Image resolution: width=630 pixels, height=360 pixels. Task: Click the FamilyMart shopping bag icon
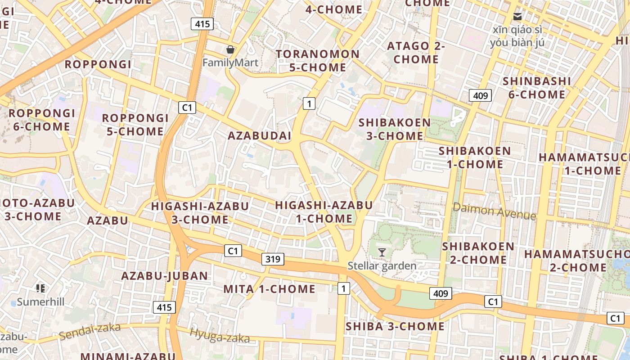click(x=230, y=49)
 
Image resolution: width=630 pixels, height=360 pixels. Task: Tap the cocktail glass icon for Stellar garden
click(x=382, y=252)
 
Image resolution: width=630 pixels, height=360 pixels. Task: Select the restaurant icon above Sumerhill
click(x=40, y=288)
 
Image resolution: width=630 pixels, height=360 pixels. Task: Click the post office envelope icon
click(x=517, y=17)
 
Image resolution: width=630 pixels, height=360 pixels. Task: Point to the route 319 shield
click(x=273, y=259)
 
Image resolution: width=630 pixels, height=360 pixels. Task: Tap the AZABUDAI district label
click(x=259, y=135)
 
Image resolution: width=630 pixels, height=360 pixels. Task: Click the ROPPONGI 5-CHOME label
click(x=135, y=125)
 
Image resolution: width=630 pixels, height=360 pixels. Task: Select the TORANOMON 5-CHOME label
click(x=318, y=61)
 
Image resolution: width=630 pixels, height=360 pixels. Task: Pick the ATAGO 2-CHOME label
click(x=416, y=52)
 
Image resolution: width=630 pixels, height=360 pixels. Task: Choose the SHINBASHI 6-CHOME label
click(x=536, y=88)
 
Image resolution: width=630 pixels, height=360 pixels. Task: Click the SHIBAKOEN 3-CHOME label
click(x=395, y=129)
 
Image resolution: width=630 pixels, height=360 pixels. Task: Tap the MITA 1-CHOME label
click(x=270, y=289)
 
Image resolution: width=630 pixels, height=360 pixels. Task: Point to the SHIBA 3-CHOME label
click(x=395, y=326)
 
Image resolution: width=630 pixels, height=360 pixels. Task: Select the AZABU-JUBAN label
click(x=165, y=276)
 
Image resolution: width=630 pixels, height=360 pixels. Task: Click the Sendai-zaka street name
click(x=90, y=331)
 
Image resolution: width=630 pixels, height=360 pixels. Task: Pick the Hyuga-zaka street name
click(x=220, y=335)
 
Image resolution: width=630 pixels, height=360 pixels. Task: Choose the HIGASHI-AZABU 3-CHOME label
click(x=200, y=213)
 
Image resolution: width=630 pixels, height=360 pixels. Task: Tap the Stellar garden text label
click(x=382, y=266)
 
